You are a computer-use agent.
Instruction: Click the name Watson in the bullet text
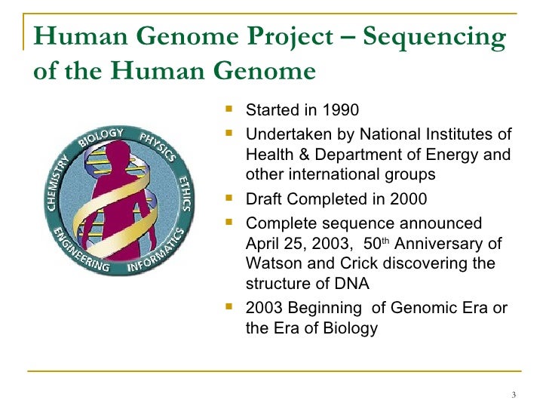click(x=271, y=264)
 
